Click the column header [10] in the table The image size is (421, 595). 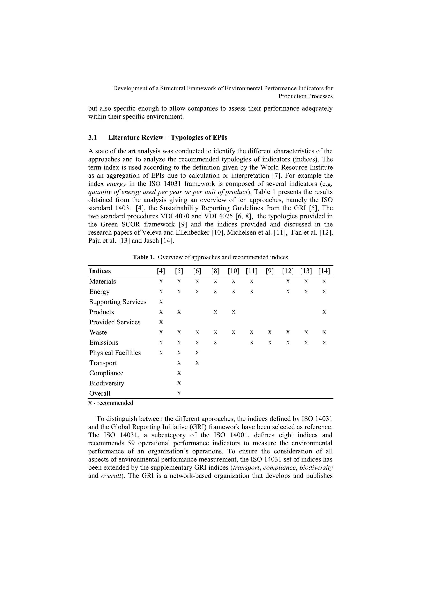pos(233,271)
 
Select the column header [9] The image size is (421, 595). pos(270,271)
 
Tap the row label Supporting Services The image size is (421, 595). pos(118,302)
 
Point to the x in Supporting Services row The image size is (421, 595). pos(161,302)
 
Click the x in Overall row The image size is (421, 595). pos(179,393)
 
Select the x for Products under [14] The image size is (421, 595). pos(324,312)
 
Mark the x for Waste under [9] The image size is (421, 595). pos(270,332)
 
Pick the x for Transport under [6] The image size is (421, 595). pos(197,363)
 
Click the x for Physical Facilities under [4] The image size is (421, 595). pos(161,353)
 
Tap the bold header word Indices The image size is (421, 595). pos(100,271)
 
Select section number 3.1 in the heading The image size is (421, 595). pos(93,138)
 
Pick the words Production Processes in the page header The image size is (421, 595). pos(305,96)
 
